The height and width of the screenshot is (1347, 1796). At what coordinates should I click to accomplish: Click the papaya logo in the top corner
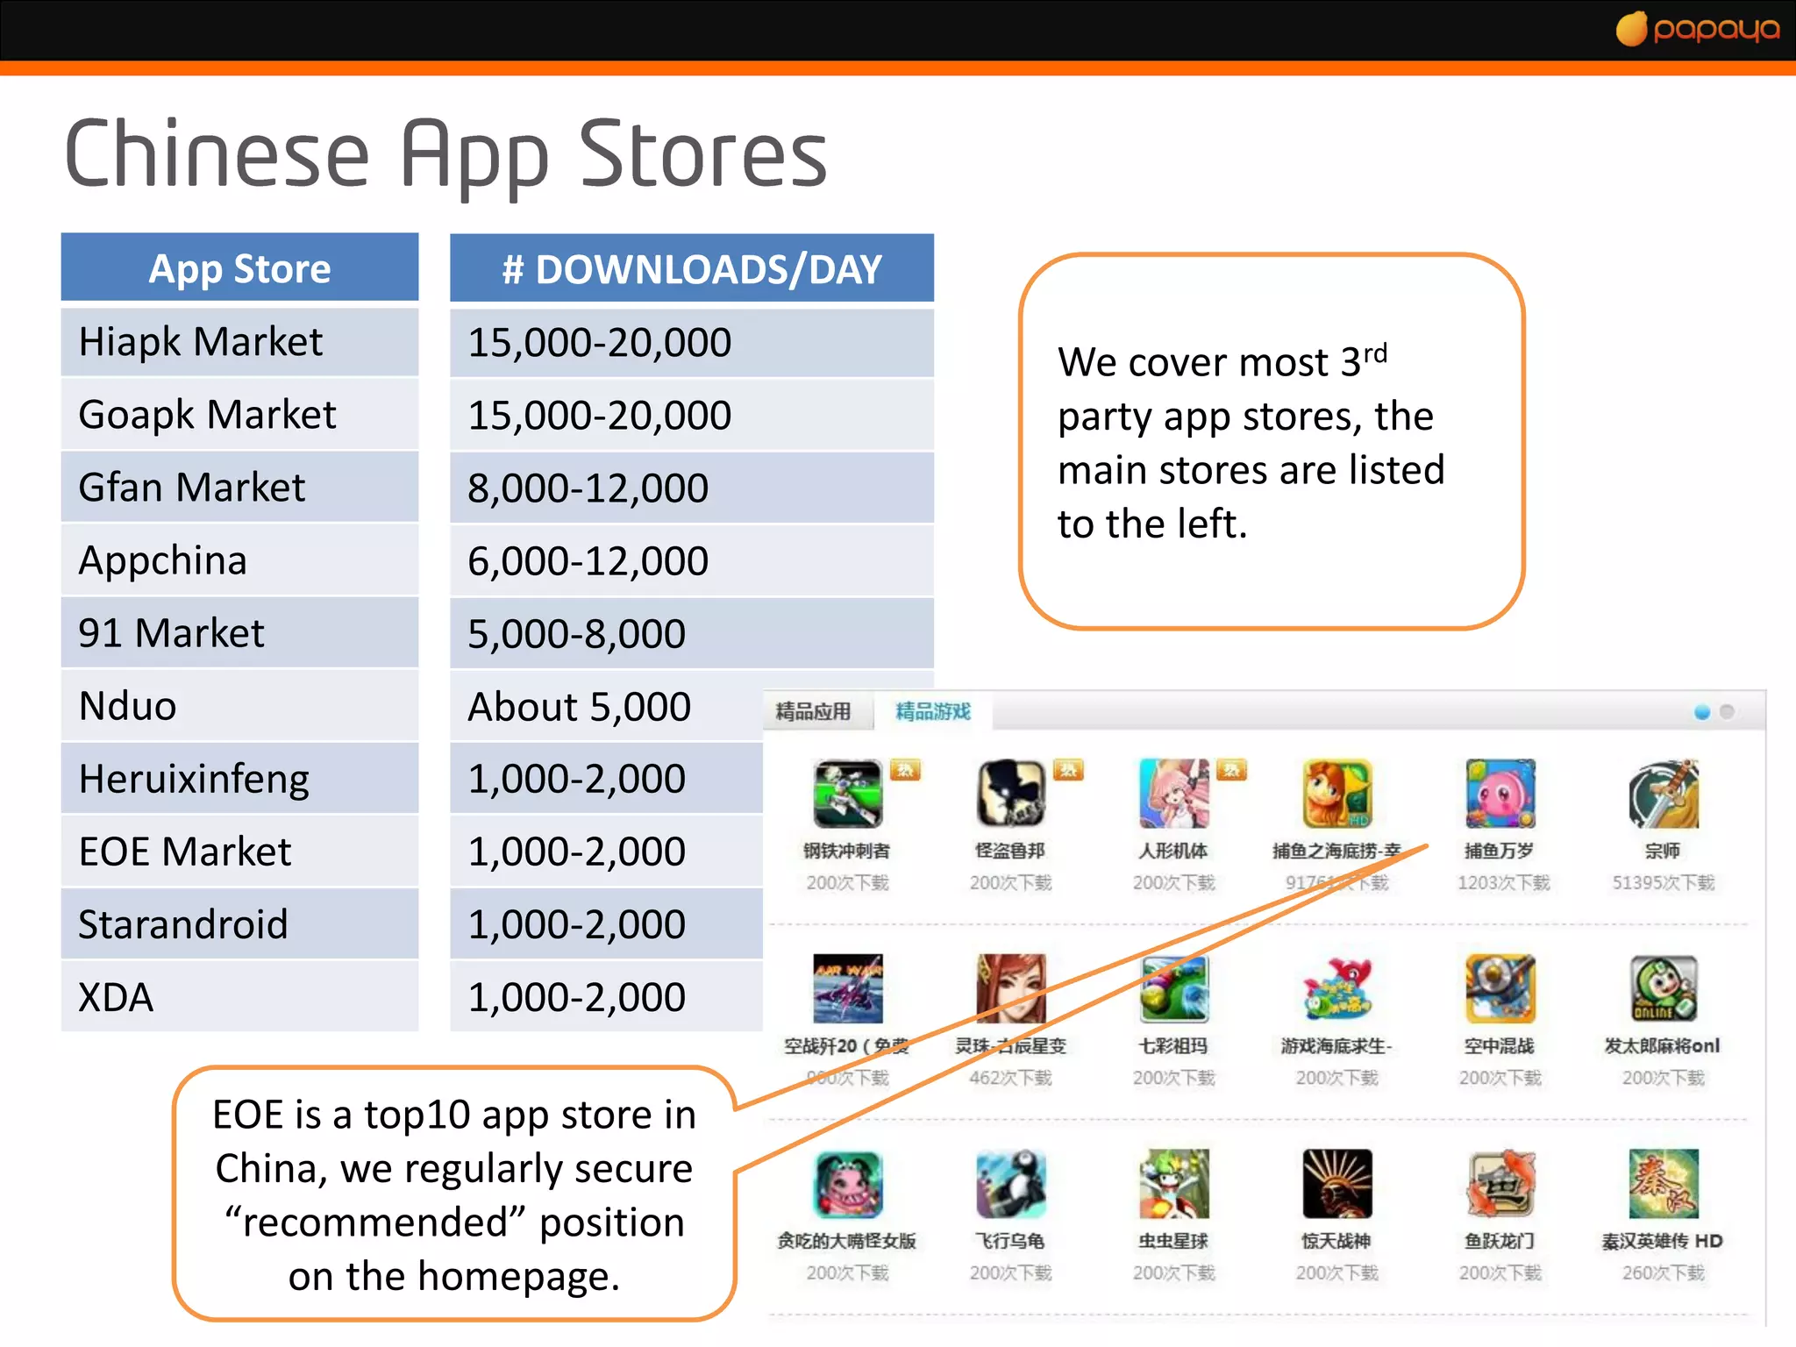point(1698,29)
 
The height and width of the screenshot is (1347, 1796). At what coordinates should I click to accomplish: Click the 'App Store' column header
point(239,268)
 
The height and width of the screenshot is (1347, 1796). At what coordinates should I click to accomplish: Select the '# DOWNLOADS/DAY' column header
point(691,269)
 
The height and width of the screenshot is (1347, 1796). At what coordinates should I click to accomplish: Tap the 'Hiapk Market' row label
point(201,341)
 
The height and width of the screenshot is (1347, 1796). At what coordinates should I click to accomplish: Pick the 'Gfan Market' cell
point(192,488)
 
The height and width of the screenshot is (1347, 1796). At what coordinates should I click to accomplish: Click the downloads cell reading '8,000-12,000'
point(588,488)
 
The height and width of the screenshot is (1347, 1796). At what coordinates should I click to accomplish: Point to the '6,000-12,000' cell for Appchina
point(588,561)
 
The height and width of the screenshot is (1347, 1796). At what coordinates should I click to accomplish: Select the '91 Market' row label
point(171,633)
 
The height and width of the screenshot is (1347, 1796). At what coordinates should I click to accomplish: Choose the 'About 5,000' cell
point(579,707)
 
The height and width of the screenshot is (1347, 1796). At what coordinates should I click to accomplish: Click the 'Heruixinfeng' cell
point(194,779)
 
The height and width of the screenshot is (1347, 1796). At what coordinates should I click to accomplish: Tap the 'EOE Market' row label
point(185,852)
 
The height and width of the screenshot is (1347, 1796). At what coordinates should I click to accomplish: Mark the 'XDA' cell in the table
point(116,997)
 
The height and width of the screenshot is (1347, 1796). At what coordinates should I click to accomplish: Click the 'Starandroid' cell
point(183,924)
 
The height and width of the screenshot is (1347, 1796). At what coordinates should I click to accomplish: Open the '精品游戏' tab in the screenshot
point(933,711)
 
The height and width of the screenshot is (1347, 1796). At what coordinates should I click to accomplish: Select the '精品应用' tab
point(813,711)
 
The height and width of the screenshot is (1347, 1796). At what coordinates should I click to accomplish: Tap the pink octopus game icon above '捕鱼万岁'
point(1500,794)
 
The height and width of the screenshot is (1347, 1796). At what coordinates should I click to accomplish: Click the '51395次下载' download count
point(1663,882)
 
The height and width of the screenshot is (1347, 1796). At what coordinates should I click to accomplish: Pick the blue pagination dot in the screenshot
point(1702,712)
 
